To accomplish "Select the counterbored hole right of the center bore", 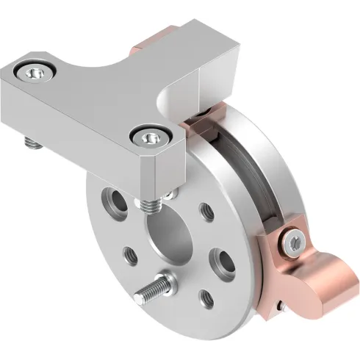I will pos(220,258).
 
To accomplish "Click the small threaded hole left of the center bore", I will pos(132,255).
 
